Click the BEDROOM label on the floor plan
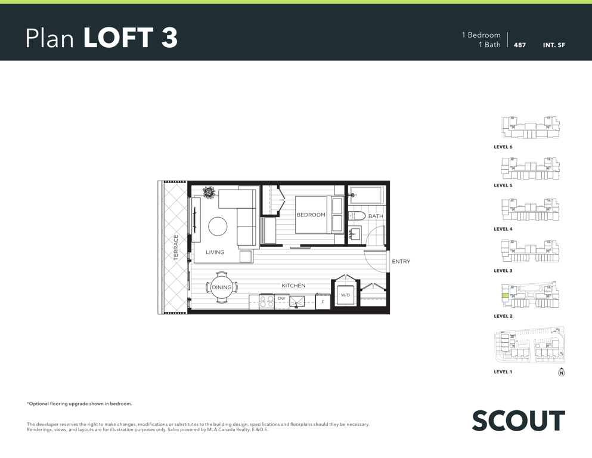tap(311, 215)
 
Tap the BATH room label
tap(376, 216)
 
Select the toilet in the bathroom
tap(356, 216)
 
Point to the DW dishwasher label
tap(281, 298)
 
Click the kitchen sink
tap(297, 301)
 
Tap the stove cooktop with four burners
tap(267, 301)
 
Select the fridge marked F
tap(323, 302)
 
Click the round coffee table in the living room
tap(218, 227)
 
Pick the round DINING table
tap(222, 287)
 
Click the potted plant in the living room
tap(209, 192)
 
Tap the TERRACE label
tap(175, 247)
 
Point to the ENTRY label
tap(401, 261)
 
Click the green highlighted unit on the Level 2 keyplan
tap(504, 296)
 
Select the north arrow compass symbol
tap(562, 372)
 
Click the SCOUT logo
tap(519, 420)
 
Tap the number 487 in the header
tap(520, 45)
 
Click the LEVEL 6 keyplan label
tap(503, 147)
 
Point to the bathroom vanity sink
tap(354, 234)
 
